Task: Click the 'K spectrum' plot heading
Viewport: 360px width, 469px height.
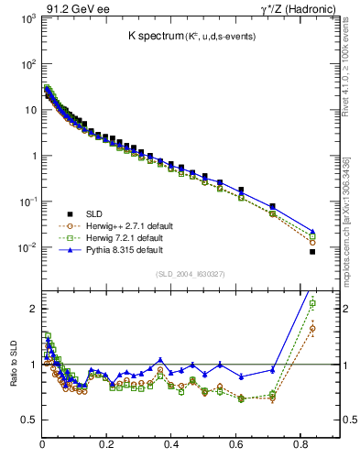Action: pyautogui.click(x=157, y=36)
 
